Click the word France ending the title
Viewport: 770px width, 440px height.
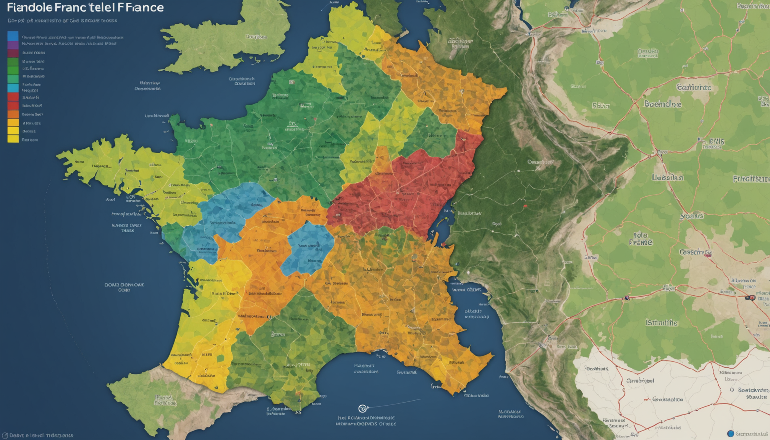click(141, 7)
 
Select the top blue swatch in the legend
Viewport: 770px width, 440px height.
click(13, 36)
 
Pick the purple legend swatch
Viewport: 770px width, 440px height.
click(13, 45)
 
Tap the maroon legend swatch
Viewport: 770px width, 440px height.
click(13, 53)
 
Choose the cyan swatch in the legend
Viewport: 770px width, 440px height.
click(13, 88)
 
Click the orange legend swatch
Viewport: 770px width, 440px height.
click(13, 114)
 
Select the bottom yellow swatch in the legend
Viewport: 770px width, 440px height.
click(13, 139)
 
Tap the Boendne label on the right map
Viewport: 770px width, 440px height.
click(663, 104)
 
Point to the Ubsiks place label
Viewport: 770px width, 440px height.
click(667, 178)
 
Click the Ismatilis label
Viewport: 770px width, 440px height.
click(662, 323)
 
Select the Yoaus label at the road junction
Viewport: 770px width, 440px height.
click(692, 216)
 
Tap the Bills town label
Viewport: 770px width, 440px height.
click(716, 142)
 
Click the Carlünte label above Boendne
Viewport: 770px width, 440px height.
click(694, 87)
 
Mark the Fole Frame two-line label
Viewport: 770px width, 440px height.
click(641, 239)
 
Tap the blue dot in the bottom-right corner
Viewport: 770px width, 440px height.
click(730, 434)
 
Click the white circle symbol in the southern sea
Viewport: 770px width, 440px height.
click(362, 408)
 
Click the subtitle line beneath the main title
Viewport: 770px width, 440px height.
click(62, 21)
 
